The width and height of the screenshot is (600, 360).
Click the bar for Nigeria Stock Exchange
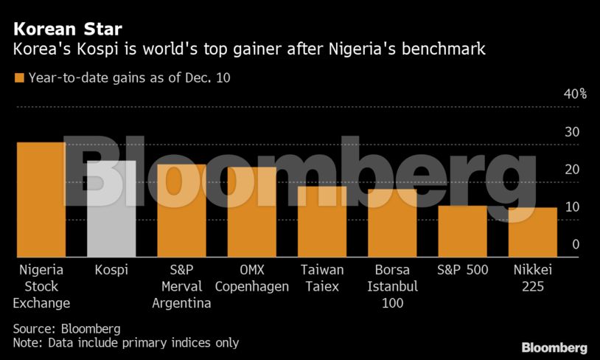pyautogui.click(x=41, y=199)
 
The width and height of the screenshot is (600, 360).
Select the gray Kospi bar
pyautogui.click(x=111, y=209)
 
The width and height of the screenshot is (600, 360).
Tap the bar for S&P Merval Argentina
pyautogui.click(x=181, y=210)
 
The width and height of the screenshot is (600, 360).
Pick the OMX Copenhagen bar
pyautogui.click(x=251, y=212)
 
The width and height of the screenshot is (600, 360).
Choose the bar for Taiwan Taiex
pyautogui.click(x=321, y=221)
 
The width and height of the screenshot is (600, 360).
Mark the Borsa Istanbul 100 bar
pyautogui.click(x=392, y=224)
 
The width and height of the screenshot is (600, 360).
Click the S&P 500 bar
pyautogui.click(x=462, y=231)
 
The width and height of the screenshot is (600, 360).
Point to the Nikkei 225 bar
pyautogui.click(x=532, y=232)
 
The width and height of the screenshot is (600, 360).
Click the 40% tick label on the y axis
pyautogui.click(x=575, y=94)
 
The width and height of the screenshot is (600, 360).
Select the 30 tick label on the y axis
pyautogui.click(x=572, y=132)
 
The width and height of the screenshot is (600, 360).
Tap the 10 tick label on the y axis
pyautogui.click(x=572, y=207)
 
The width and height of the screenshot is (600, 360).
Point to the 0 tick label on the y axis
pyautogui.click(x=576, y=244)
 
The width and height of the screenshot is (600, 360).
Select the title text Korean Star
pyautogui.click(x=67, y=30)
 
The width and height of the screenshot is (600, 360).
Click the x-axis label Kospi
pyautogui.click(x=111, y=270)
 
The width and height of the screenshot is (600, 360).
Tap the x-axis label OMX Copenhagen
pyautogui.click(x=251, y=278)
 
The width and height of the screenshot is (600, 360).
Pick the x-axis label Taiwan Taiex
pyautogui.click(x=321, y=278)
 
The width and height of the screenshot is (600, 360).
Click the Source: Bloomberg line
pyautogui.click(x=66, y=328)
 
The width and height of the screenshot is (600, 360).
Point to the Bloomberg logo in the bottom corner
pyautogui.click(x=554, y=347)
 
